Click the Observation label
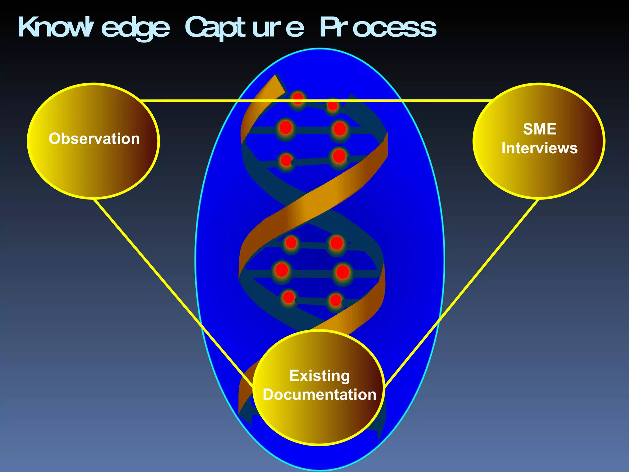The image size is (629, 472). pyautogui.click(x=94, y=139)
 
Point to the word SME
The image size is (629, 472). pyautogui.click(x=540, y=129)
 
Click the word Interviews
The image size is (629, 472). pyautogui.click(x=540, y=148)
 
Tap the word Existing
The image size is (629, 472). pyautogui.click(x=319, y=376)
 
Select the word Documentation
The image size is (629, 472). pyautogui.click(x=319, y=395)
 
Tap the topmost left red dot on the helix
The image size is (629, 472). pyautogui.click(x=298, y=98)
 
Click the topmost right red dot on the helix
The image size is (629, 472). pyautogui.click(x=333, y=106)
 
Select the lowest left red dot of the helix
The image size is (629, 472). pyautogui.click(x=288, y=297)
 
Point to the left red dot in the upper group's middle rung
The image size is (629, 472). pyautogui.click(x=285, y=127)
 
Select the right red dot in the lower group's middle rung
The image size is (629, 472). pyautogui.click(x=342, y=272)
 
